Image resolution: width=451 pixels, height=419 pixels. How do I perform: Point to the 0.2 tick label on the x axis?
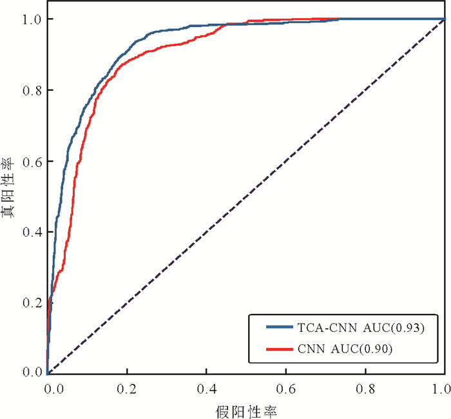click(x=128, y=389)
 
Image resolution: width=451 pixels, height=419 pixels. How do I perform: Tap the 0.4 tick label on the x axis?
click(x=207, y=389)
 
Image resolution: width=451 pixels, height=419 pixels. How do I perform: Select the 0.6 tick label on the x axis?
click(x=287, y=389)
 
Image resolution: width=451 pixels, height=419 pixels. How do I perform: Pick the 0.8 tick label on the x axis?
click(x=366, y=389)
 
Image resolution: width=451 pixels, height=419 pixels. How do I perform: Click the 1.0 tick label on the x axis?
click(x=442, y=389)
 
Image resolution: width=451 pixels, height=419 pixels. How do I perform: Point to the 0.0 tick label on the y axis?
click(x=32, y=373)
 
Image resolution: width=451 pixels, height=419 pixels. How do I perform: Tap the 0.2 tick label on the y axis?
click(x=32, y=302)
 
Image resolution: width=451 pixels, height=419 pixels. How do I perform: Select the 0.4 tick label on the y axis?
click(x=32, y=231)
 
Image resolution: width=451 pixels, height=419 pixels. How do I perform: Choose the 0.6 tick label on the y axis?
click(x=32, y=161)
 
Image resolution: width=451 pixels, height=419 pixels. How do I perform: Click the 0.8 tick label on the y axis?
click(x=32, y=90)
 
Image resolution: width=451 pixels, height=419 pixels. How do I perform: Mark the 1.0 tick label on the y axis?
click(x=32, y=19)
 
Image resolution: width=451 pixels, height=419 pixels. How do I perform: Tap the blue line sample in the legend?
click(x=282, y=327)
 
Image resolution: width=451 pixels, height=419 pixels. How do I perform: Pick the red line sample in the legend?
click(x=282, y=349)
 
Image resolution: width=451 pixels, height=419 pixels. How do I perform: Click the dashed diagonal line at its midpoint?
click(x=246, y=196)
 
